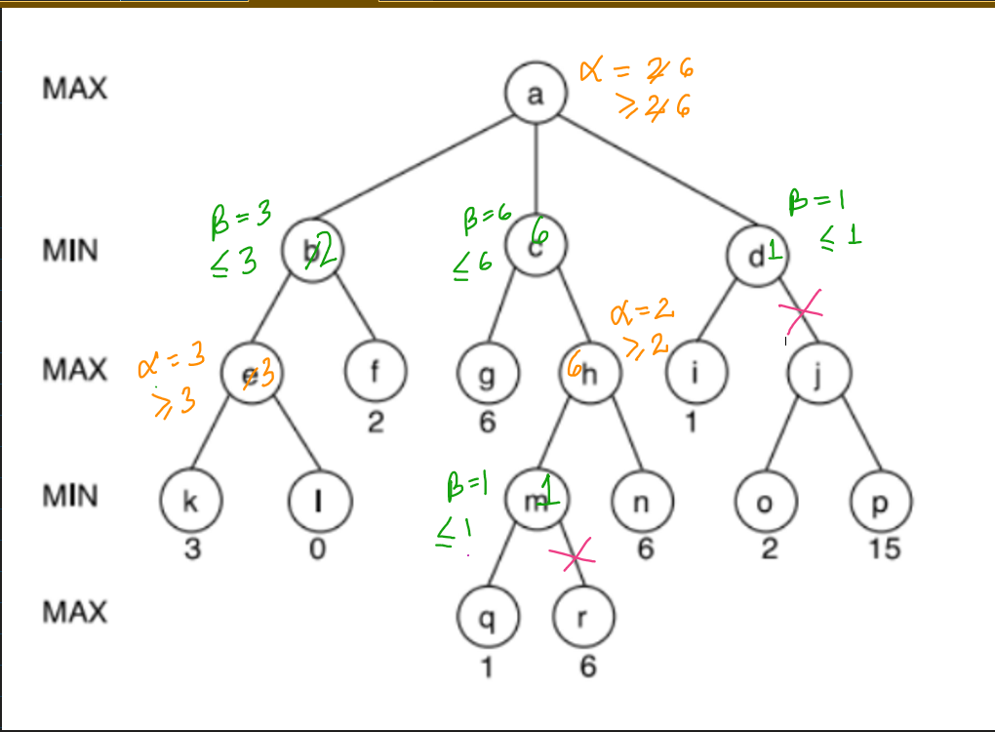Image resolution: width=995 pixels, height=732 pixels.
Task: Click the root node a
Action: click(x=536, y=94)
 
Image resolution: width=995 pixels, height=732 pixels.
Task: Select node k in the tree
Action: click(x=191, y=500)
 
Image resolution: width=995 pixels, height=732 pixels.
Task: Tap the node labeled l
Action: click(x=319, y=500)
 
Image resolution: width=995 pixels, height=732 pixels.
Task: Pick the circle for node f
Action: click(x=376, y=372)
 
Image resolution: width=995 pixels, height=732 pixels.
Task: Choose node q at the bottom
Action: click(x=488, y=617)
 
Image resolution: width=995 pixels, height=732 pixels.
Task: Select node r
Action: click(x=583, y=617)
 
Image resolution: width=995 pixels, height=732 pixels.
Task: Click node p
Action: click(x=882, y=500)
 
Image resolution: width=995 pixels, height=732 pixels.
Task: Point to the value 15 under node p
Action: click(x=884, y=549)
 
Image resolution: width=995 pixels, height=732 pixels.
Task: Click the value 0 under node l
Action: click(x=318, y=549)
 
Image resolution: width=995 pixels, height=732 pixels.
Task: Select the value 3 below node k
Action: click(x=192, y=549)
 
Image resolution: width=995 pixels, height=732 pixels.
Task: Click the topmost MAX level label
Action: click(x=75, y=89)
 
